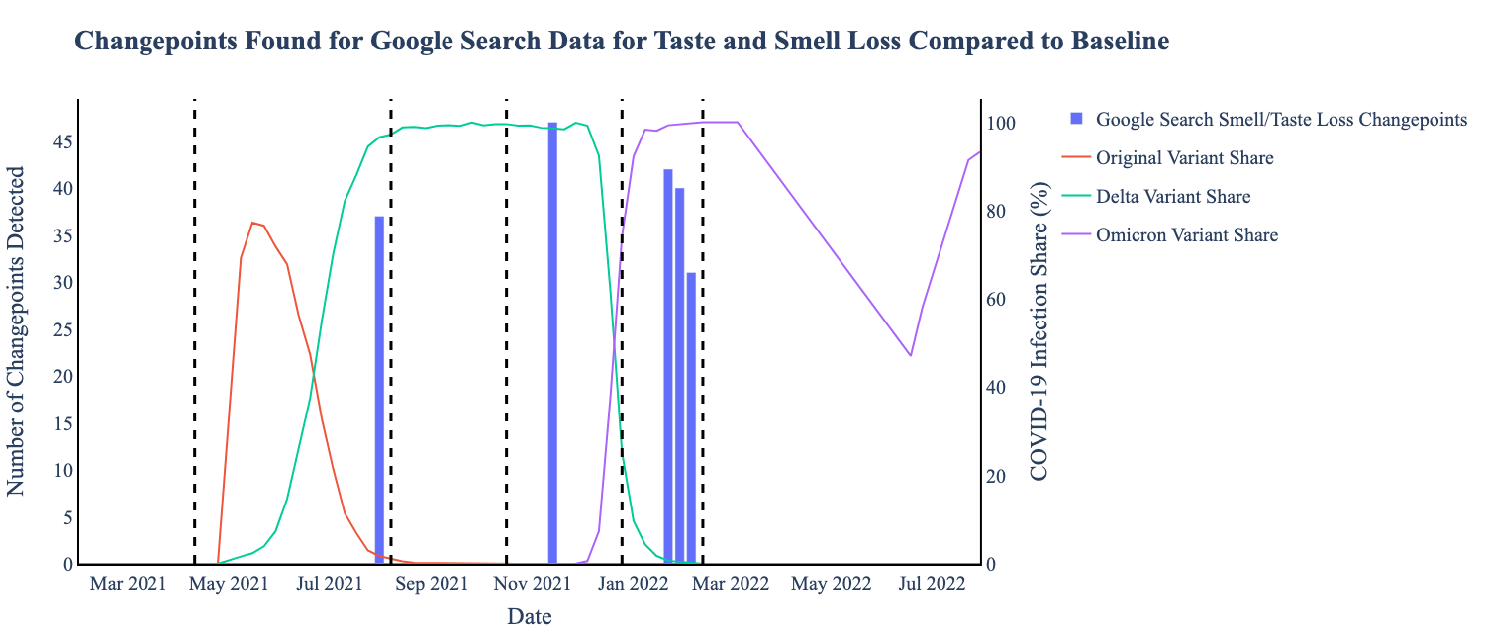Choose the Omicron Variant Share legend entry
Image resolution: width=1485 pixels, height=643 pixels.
pyautogui.click(x=1187, y=235)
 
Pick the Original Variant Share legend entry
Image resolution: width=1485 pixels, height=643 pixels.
pyautogui.click(x=1185, y=158)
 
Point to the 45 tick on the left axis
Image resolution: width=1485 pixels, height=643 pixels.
pyautogui.click(x=61, y=142)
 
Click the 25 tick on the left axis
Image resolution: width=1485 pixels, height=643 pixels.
pyautogui.click(x=61, y=330)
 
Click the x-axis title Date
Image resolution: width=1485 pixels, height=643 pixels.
pyautogui.click(x=530, y=617)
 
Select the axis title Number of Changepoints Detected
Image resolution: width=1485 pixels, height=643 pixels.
pyautogui.click(x=17, y=331)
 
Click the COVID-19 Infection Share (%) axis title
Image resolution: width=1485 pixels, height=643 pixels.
pyautogui.click(x=1039, y=331)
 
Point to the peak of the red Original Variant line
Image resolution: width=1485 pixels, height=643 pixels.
pyautogui.click(x=252, y=223)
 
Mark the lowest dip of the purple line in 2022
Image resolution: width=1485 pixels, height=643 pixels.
pyautogui.click(x=910, y=355)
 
